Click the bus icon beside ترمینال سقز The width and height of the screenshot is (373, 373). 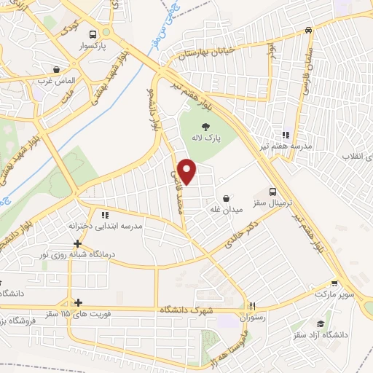[x=272, y=192]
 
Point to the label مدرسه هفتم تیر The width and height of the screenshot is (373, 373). [x=287, y=146]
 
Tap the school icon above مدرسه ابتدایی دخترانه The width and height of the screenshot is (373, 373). [x=105, y=215]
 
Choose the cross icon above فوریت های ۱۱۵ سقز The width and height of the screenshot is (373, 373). [x=78, y=302]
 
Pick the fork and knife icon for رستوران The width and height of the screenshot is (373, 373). [x=252, y=307]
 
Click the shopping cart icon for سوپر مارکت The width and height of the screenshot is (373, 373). [x=334, y=285]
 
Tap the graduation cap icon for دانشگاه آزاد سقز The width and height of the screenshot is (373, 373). [x=321, y=324]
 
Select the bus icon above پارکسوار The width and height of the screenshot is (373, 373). [x=92, y=34]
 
